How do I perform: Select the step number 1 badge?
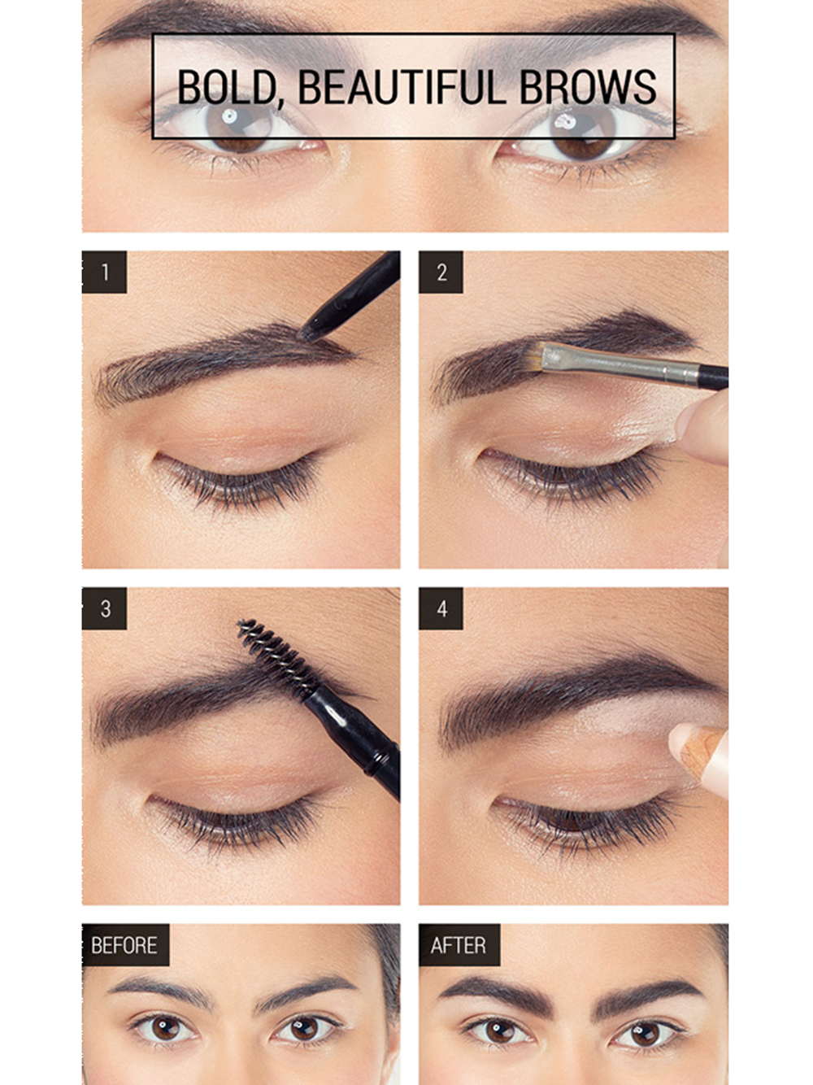(104, 272)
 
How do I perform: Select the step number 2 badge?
(441, 272)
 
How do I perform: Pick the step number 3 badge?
(104, 608)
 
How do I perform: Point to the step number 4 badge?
(441, 608)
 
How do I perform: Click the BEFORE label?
(125, 945)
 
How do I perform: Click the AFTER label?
(459, 945)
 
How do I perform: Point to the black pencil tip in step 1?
(309, 332)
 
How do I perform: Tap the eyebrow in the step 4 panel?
(578, 697)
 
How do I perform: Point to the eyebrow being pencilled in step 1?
(222, 364)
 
